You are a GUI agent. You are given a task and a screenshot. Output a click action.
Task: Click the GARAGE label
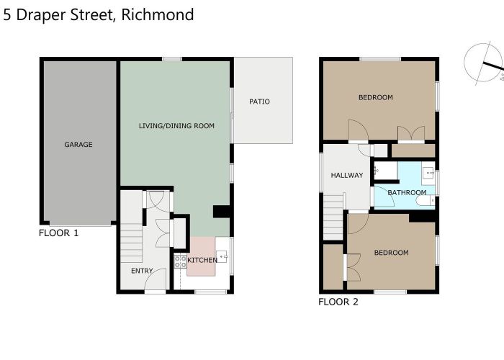tap(78, 145)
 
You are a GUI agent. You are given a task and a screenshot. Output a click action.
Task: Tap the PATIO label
tap(259, 102)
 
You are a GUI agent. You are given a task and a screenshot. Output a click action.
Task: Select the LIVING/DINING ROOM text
tap(176, 126)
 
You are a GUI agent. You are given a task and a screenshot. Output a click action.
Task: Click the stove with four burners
tap(180, 260)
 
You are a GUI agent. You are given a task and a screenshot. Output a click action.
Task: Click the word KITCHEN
tap(202, 260)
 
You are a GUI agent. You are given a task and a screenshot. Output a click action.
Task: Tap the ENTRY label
tap(141, 271)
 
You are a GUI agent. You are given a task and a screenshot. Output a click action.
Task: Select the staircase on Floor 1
tap(132, 242)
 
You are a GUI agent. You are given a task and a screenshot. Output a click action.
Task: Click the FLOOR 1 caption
tap(58, 233)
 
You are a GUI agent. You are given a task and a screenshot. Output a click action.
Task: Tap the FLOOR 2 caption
tap(338, 302)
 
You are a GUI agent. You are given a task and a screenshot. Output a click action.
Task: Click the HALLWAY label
tap(346, 176)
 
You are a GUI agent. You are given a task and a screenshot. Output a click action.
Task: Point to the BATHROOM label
tap(407, 192)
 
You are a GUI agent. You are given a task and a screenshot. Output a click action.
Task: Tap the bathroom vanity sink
tap(428, 173)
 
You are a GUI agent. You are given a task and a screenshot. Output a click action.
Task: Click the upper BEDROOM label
tap(375, 97)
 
